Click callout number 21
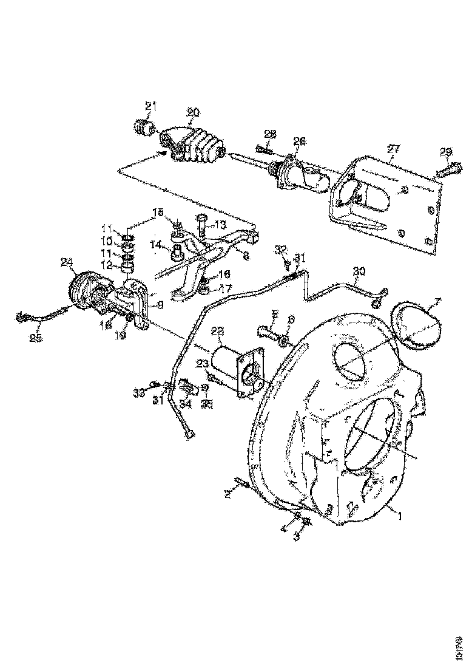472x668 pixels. coord(150,106)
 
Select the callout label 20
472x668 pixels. coord(192,112)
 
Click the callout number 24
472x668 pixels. coord(67,262)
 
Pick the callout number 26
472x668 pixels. coord(299,141)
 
